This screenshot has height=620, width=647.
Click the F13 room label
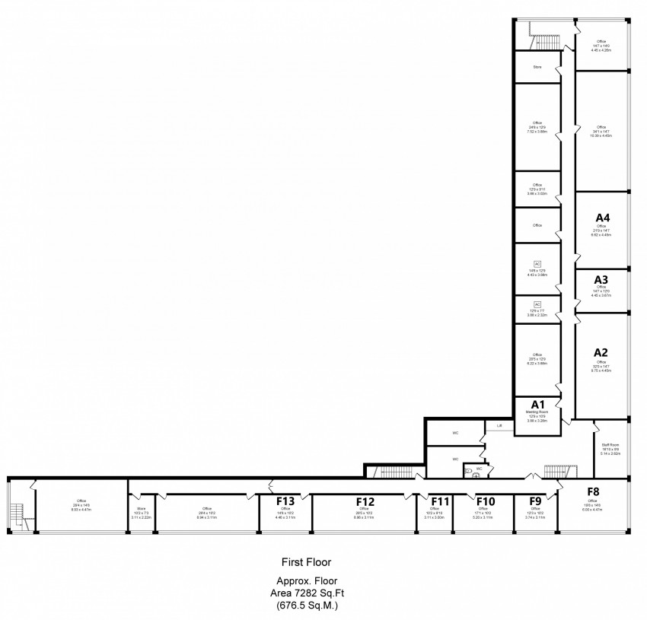[x=285, y=501]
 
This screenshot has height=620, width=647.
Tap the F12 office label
[x=365, y=501]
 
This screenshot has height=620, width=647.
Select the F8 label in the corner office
[x=594, y=491]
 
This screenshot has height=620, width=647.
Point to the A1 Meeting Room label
[x=537, y=404]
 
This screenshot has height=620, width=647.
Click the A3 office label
[x=601, y=279]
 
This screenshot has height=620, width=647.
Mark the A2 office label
[x=601, y=352]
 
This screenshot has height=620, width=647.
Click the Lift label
[x=499, y=426]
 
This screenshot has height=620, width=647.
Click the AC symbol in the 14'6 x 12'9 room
[x=537, y=262]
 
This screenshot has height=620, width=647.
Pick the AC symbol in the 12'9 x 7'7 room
[x=537, y=304]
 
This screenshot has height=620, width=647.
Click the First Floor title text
[x=306, y=563]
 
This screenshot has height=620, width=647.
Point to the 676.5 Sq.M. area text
[x=306, y=606]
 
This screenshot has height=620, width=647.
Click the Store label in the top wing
[x=537, y=67]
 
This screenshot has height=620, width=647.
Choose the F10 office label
[x=486, y=501]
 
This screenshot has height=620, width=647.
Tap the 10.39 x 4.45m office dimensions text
[x=601, y=135]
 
